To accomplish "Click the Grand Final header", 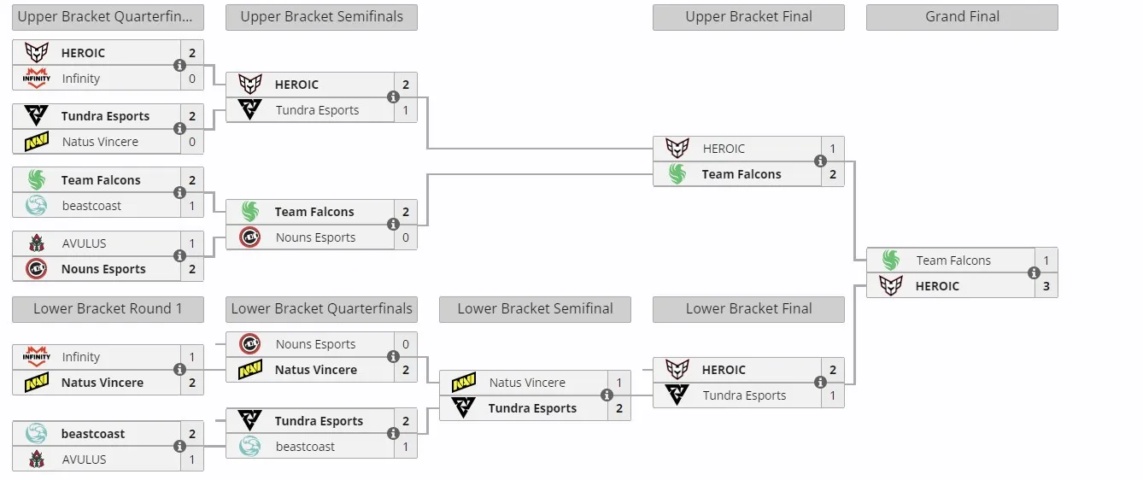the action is (x=962, y=17).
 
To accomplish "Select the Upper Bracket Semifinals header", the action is (x=321, y=17).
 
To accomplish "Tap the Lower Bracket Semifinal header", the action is (x=535, y=308).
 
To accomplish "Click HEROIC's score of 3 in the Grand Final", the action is (x=1046, y=286).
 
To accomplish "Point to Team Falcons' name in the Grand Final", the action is (x=953, y=260).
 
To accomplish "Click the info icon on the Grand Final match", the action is (x=1034, y=273).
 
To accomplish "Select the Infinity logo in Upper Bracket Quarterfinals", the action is (x=36, y=78).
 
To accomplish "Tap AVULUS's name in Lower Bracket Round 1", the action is (x=85, y=460).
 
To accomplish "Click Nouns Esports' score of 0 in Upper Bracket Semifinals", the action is (x=406, y=237).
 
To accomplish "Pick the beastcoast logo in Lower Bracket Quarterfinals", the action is (x=250, y=447).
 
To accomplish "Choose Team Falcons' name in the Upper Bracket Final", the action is (x=741, y=174).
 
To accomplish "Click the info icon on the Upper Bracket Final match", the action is (x=820, y=161).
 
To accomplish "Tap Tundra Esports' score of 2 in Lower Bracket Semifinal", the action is (x=619, y=408).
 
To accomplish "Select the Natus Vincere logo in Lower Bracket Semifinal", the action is (x=464, y=382).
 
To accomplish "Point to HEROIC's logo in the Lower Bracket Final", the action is (x=677, y=369).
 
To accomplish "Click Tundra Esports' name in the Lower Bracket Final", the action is (x=744, y=395).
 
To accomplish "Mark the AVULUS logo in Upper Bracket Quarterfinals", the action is (x=36, y=243).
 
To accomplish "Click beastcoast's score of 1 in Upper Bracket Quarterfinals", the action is (x=192, y=206).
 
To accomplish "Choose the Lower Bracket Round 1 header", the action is (x=108, y=308).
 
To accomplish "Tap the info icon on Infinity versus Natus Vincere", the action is (x=179, y=369).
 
